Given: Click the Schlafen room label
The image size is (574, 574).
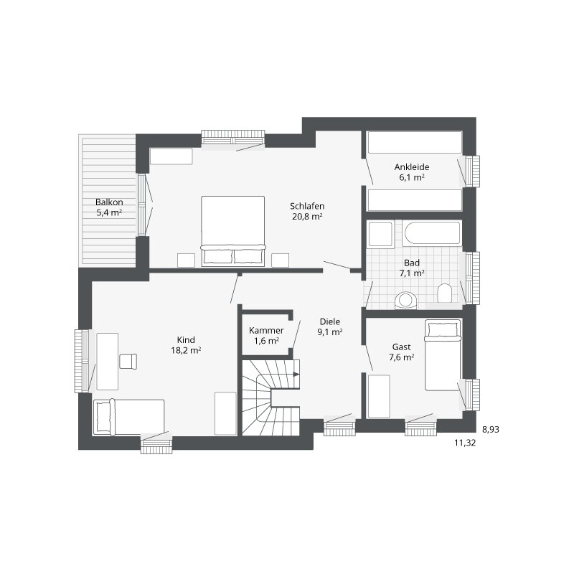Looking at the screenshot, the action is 307,206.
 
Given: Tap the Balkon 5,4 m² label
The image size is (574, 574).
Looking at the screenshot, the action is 109,207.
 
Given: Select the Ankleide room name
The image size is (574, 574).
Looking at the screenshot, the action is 412,167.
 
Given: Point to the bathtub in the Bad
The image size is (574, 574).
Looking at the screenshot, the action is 432,232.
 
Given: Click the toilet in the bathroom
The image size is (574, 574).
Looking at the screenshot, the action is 444,293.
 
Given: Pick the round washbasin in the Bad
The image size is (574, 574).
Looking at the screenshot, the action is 405,300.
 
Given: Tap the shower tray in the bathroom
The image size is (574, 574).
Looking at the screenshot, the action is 381,235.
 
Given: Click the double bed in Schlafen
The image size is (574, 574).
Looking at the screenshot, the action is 232,231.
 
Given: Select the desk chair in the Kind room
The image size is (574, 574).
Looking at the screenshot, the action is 128,362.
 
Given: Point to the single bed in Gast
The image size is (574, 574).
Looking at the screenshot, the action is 443,355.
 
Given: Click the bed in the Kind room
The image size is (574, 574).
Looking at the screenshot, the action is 129,417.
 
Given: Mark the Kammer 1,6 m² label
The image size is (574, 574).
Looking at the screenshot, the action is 266,335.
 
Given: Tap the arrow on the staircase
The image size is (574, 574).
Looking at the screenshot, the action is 296,374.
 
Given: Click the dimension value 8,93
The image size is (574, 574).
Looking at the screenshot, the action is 491,429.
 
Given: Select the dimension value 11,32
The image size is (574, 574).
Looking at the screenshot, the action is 465,443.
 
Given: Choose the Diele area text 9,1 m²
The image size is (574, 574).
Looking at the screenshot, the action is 330,332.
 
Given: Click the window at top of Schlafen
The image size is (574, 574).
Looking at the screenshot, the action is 233,137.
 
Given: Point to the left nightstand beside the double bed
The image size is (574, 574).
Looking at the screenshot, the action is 186,260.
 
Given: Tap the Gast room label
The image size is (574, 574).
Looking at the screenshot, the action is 402,347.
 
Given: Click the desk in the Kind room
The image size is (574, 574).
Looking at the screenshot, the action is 107,362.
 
